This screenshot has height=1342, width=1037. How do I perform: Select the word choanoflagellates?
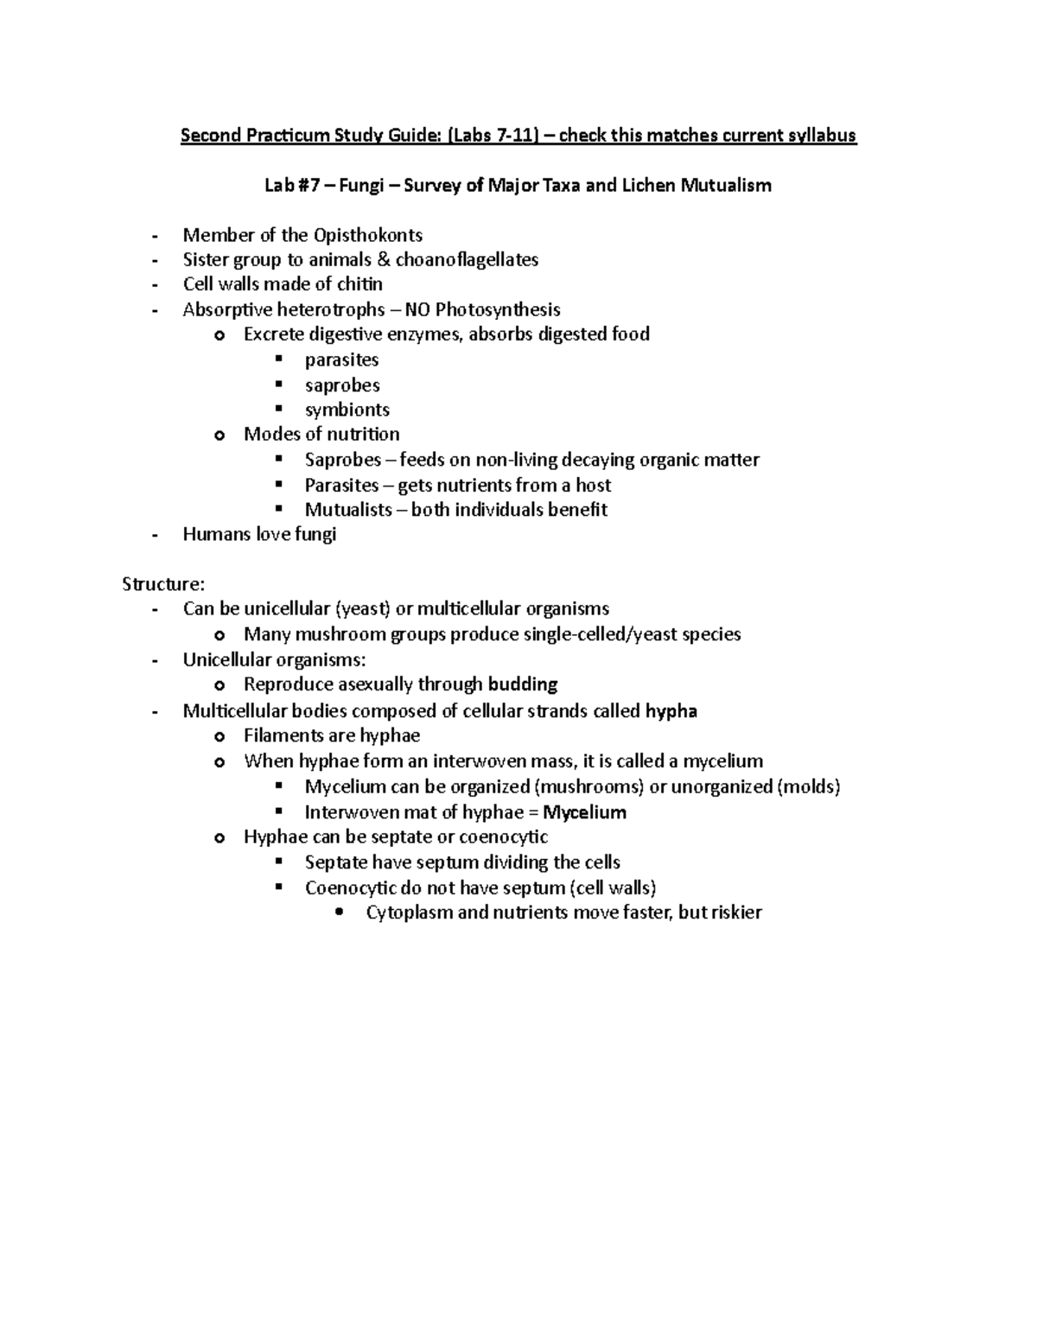[x=467, y=259]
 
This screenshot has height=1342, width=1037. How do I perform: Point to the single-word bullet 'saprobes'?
[x=342, y=385]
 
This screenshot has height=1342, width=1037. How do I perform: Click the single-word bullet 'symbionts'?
[x=347, y=410]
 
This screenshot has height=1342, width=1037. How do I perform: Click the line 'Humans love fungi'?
[x=259, y=534]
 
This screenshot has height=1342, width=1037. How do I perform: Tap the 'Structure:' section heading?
[x=164, y=584]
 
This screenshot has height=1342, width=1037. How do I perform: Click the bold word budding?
[x=523, y=684]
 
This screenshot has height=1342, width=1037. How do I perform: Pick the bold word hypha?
[x=671, y=711]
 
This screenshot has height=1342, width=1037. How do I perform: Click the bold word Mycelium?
[x=584, y=812]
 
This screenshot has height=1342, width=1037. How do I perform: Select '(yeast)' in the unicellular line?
[x=363, y=609]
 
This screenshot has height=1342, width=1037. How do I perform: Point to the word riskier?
[x=735, y=913]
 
